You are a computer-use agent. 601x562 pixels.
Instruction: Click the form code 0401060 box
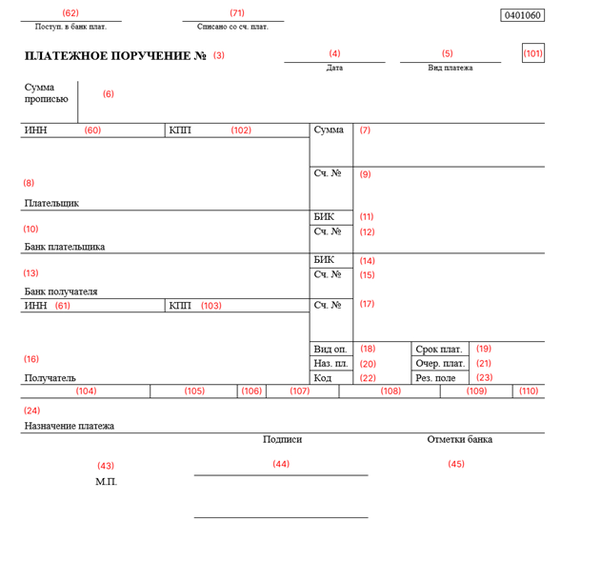click(x=522, y=15)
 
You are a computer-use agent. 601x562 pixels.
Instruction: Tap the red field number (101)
click(x=533, y=53)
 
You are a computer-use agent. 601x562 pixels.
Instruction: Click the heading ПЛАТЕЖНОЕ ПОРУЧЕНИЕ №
click(x=115, y=56)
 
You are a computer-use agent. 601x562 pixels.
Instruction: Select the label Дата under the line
click(x=334, y=69)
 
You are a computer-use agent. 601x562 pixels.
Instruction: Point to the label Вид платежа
click(x=450, y=69)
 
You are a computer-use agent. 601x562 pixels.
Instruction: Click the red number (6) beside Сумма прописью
click(x=109, y=94)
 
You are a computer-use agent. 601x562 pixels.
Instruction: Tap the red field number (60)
click(x=92, y=130)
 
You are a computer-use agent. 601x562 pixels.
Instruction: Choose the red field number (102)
click(x=241, y=130)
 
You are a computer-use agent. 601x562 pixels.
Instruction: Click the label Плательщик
click(x=51, y=203)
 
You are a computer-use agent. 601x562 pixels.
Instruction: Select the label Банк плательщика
click(x=64, y=247)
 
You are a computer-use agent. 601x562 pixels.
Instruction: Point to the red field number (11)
click(x=367, y=217)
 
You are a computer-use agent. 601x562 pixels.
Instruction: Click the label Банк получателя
click(x=61, y=291)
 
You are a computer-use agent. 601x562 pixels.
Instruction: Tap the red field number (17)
click(x=367, y=305)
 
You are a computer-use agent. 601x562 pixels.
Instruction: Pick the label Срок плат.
click(x=439, y=350)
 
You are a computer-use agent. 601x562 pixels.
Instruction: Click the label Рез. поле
click(x=436, y=378)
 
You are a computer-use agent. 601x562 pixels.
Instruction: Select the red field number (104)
click(x=87, y=391)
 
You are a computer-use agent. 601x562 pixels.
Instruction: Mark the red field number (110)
click(x=529, y=391)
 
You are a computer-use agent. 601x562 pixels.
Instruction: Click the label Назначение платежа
click(x=69, y=426)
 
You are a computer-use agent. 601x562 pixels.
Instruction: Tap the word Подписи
click(x=282, y=439)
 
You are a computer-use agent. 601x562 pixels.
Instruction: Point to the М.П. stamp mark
click(x=106, y=482)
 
